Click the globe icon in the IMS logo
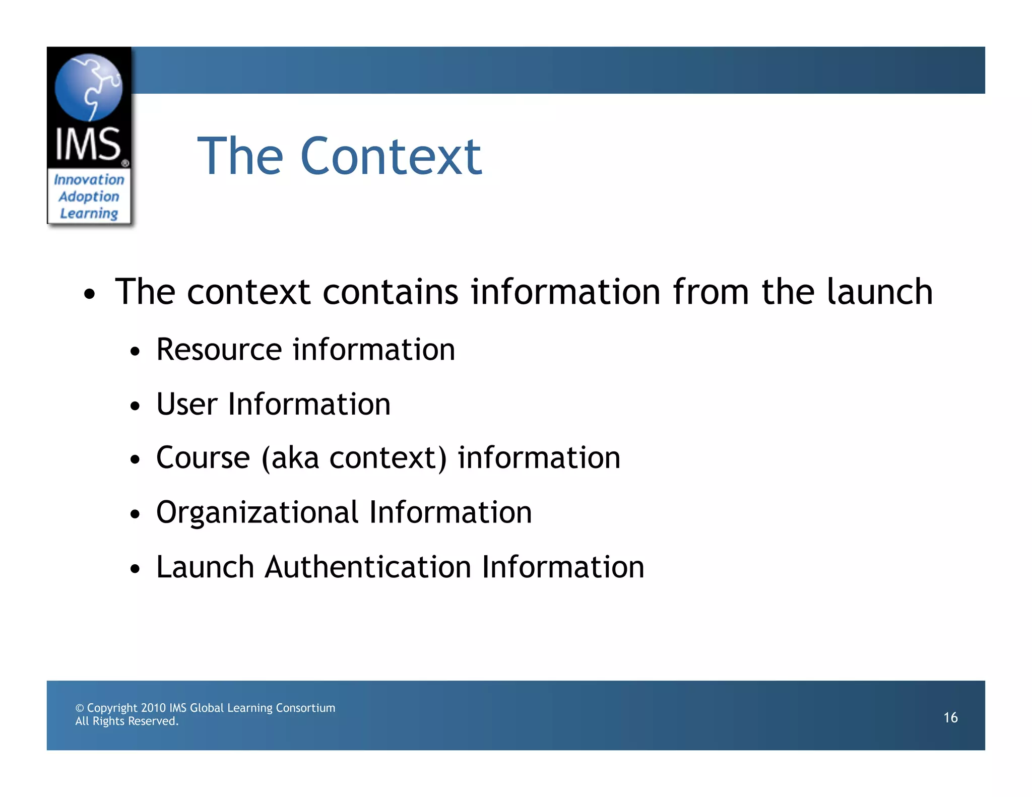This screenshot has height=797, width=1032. [x=89, y=87]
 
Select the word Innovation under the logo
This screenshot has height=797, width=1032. [x=89, y=179]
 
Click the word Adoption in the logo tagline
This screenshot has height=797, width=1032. [x=89, y=196]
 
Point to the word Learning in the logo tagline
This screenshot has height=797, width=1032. [x=89, y=213]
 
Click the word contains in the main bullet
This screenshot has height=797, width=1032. [x=391, y=292]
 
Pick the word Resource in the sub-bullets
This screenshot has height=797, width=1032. [x=219, y=349]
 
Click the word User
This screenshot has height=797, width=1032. [x=187, y=404]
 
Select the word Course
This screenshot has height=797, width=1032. [x=203, y=458]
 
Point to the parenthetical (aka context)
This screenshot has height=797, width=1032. [x=354, y=458]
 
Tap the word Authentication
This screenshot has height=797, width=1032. [x=367, y=567]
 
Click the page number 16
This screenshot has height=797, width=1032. [x=950, y=717]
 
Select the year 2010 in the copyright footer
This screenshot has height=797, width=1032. [x=153, y=708]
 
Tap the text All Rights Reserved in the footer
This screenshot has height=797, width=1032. [x=127, y=721]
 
